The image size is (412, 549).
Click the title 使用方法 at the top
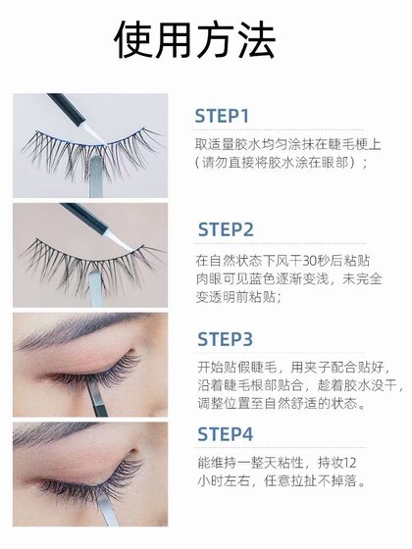point(205,42)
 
